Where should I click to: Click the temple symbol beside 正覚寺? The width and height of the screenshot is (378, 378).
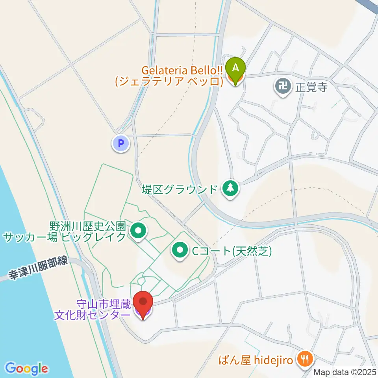coord(283,85)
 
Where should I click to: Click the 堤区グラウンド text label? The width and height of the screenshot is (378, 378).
coord(180,189)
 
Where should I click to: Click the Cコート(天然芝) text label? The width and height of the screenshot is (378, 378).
coord(232,251)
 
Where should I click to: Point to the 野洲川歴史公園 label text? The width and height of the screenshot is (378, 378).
coord(87,226)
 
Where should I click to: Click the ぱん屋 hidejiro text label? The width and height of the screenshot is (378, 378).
coord(261,359)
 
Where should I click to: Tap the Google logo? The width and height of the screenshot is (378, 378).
coord(27,368)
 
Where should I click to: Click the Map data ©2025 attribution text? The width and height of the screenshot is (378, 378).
coord(345,372)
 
